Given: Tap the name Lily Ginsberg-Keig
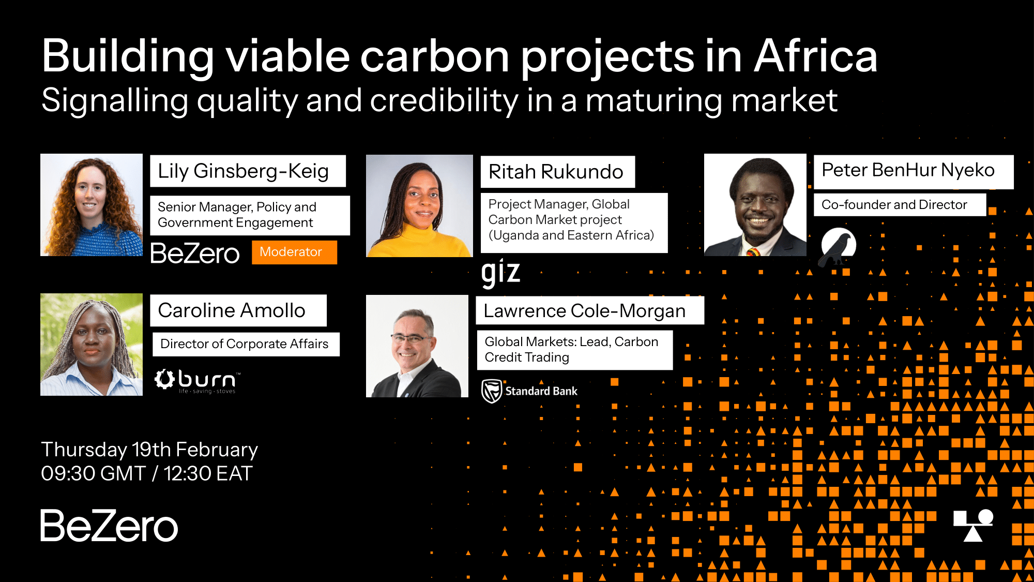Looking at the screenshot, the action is tap(243, 171).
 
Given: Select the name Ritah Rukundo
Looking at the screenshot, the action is tap(556, 172).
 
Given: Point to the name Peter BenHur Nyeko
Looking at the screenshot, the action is tap(908, 170).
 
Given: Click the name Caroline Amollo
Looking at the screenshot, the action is tap(232, 310).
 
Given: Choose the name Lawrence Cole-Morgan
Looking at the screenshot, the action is tap(584, 311).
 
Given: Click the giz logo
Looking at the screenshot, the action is tap(500, 272).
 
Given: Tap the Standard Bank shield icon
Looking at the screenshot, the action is tap(492, 391).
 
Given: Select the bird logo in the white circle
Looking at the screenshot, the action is tap(839, 245).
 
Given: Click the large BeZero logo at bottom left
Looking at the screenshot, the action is tap(109, 526).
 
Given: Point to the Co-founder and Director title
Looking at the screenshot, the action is tap(894, 205).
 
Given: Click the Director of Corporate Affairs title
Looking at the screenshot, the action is tap(244, 344).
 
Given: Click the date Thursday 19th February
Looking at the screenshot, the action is tap(149, 450).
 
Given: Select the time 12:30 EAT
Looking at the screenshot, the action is tap(208, 473).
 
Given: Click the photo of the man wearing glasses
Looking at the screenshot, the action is tap(417, 346).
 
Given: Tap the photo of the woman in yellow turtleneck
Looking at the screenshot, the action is tap(419, 206).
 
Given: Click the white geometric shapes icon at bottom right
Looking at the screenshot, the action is tap(973, 526).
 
